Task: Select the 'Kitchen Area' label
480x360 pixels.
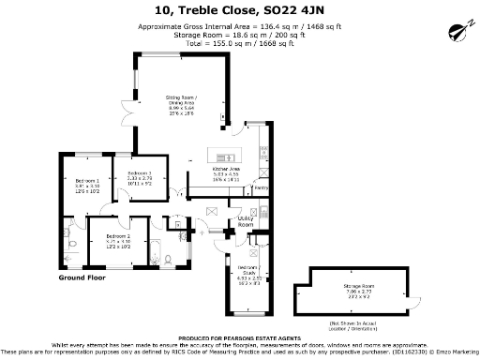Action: pyautogui.click(x=227, y=170)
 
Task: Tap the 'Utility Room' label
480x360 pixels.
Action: pyautogui.click(x=245, y=222)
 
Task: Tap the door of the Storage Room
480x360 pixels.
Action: pyautogui.click(x=410, y=302)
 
